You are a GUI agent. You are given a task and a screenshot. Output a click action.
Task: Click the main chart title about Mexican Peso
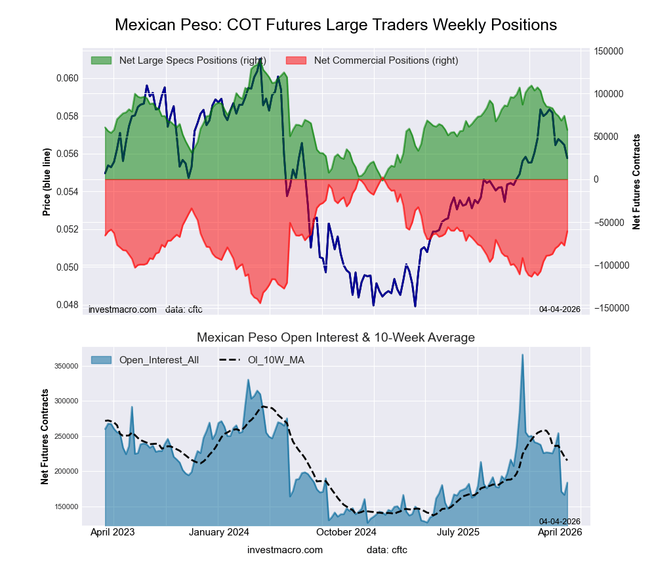tap(336, 25)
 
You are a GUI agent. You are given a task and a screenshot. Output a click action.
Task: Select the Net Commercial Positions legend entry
tap(386, 60)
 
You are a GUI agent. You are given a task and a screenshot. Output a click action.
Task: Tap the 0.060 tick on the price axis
tap(66, 78)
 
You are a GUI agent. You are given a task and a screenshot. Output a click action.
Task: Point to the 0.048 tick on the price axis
tap(66, 305)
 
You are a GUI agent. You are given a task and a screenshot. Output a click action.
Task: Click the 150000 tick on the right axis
tap(607, 51)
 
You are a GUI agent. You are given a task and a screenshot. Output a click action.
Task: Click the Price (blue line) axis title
tap(47, 182)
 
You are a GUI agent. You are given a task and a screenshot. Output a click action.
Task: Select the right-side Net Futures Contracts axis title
tap(636, 182)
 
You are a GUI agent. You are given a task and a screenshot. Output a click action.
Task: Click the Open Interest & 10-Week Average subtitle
tap(336, 338)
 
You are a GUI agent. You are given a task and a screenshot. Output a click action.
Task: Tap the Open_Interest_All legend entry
tap(159, 359)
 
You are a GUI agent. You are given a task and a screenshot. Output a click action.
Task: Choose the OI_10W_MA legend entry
tap(276, 359)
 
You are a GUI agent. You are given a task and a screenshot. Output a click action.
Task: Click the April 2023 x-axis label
tap(112, 531)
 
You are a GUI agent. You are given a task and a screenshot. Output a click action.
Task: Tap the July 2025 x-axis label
tap(466, 531)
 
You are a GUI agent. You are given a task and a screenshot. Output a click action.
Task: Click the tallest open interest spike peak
tap(522, 355)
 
